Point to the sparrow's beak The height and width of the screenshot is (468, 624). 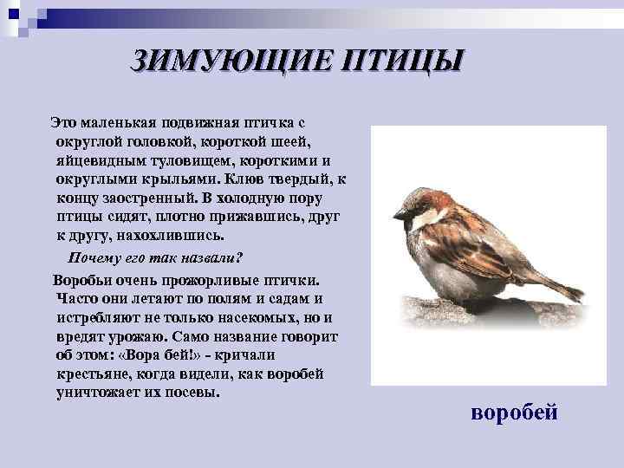click(x=399, y=214)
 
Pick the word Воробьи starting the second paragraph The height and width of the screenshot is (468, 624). click(x=83, y=281)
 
